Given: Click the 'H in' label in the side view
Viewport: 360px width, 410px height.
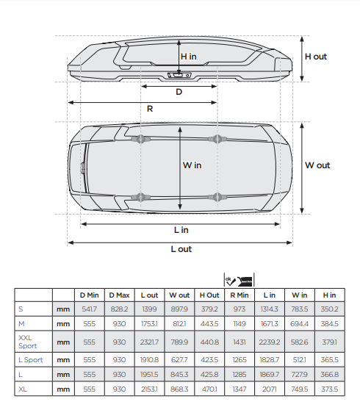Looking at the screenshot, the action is [189, 57].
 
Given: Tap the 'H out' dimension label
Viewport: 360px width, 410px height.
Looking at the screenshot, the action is [316, 57].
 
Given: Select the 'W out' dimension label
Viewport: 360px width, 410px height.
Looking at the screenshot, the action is [317, 165].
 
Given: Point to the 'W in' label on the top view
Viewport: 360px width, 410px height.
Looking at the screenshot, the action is [192, 165].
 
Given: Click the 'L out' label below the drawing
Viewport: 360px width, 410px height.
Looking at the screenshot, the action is [181, 249].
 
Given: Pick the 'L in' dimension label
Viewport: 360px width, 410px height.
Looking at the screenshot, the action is [181, 230].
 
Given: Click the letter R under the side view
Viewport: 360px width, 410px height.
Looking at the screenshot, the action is [150, 109].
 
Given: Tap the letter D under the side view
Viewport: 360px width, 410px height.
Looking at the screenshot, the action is [179, 92].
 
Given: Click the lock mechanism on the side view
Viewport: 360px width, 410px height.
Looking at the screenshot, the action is [179, 75].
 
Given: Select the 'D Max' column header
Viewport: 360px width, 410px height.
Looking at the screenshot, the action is [119, 295].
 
